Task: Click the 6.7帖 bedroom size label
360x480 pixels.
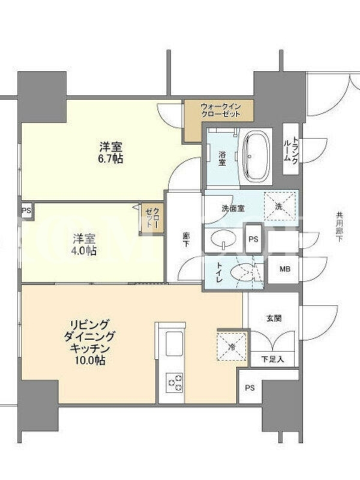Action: pos(111,159)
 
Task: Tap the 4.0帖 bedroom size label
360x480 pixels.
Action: pos(84,251)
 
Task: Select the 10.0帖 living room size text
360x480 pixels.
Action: pos(90,361)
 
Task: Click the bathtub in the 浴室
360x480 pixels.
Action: pos(256,157)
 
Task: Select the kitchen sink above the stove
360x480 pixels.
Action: pos(174,343)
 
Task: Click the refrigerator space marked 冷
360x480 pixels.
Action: pos(232,347)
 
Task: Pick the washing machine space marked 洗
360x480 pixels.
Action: pos(280,206)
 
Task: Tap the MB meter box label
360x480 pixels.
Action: pos(285,269)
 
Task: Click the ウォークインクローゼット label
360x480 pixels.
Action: pos(220,110)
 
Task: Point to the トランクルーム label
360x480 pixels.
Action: pos(290,149)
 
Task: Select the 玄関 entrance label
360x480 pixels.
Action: pos(274,319)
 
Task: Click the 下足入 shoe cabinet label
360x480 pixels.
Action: pos(273,359)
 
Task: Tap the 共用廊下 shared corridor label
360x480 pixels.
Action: pos(339,227)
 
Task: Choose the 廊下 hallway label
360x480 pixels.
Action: pos(186,239)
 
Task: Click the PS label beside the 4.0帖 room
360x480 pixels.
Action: pos(26,211)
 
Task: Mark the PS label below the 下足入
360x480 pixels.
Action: pos(250,388)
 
